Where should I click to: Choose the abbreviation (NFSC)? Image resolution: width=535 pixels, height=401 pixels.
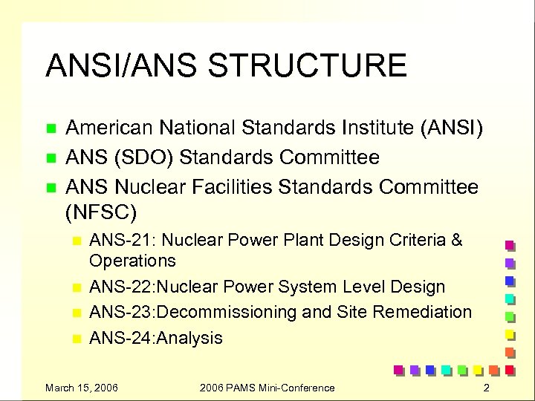tap(101, 213)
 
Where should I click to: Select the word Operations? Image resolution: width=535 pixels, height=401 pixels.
tap(132, 261)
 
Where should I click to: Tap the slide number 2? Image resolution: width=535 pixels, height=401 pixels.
tap(485, 388)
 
